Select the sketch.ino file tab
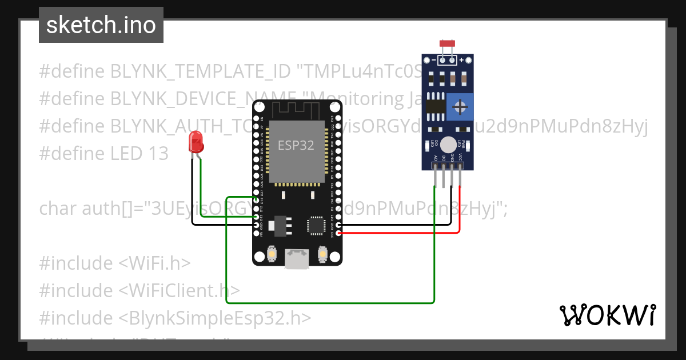tap(101, 25)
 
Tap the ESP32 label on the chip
tap(296, 145)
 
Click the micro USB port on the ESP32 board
tap(297, 259)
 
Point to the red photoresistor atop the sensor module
tap(446, 43)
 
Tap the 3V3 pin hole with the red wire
tap(339, 233)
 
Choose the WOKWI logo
tap(607, 315)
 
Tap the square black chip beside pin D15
tap(316, 225)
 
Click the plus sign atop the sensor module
tap(461, 59)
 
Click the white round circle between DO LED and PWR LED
tap(449, 145)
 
